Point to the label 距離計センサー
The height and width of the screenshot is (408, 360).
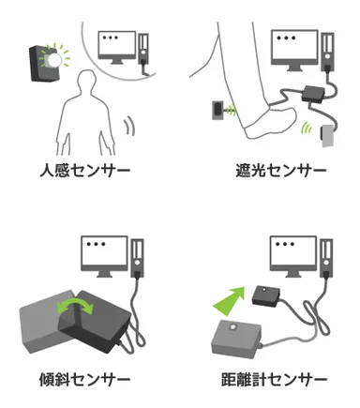coord(274,381)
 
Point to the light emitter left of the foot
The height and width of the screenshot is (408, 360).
coord(217,112)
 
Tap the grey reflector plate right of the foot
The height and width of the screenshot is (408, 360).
coord(326,139)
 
